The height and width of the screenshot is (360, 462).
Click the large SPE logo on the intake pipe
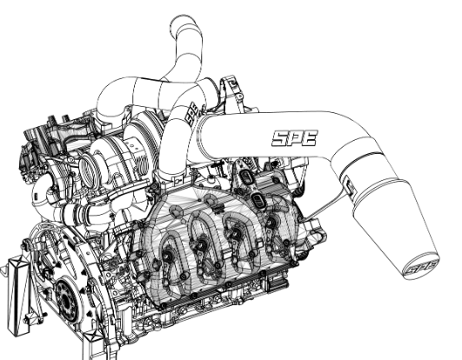295,138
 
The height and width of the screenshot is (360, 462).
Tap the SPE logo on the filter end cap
421,267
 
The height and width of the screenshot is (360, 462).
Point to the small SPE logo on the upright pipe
191,114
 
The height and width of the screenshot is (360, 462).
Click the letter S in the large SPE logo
279,138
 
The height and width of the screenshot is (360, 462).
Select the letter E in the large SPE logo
310,138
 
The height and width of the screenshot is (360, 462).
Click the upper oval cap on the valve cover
244,177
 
